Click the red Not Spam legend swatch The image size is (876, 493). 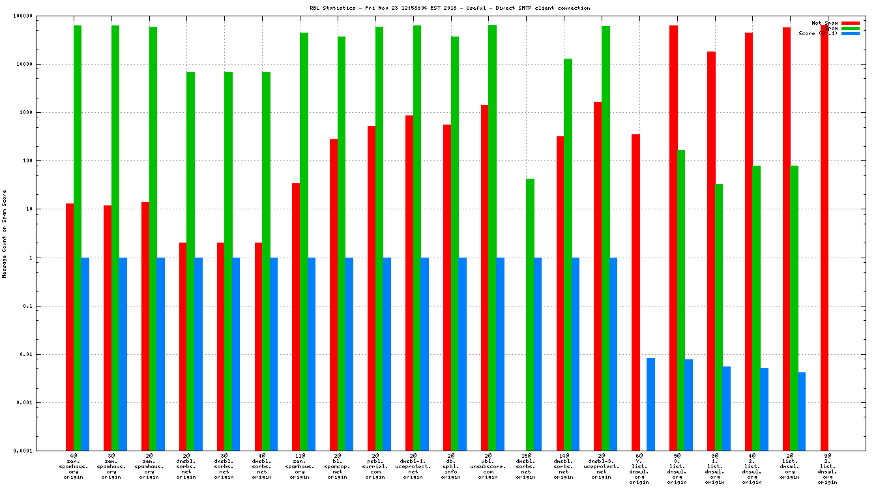pyautogui.click(x=850, y=23)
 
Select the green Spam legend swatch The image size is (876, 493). pyautogui.click(x=850, y=28)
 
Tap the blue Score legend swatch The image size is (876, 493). pyautogui.click(x=850, y=33)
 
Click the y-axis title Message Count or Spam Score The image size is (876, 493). pyautogui.click(x=5, y=233)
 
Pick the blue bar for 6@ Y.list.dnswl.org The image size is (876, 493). pyautogui.click(x=650, y=404)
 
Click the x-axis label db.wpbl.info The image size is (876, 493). pyautogui.click(x=450, y=467)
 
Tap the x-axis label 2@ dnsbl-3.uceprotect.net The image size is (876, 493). pyautogui.click(x=602, y=467)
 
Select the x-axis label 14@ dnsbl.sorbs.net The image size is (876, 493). pyautogui.click(x=564, y=467)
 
